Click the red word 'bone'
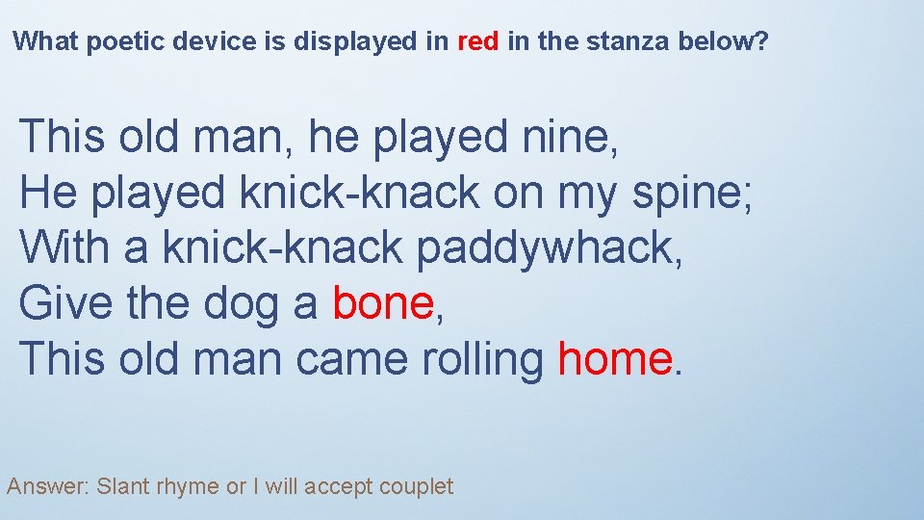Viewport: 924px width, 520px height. pyautogui.click(x=383, y=304)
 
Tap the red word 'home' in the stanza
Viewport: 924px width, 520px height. pyautogui.click(x=614, y=360)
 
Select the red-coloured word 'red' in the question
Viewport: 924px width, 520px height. pyautogui.click(x=477, y=42)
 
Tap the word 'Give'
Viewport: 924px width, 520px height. pyautogui.click(x=59, y=304)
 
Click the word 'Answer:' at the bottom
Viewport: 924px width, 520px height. pyautogui.click(x=47, y=487)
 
